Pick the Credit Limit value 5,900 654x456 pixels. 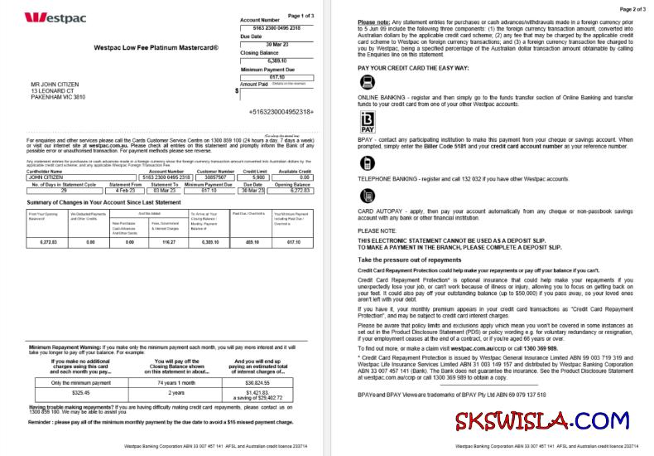(259, 177)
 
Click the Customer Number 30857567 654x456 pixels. (218, 177)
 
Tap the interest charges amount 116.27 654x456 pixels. (169, 242)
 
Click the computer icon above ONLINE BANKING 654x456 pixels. (368, 82)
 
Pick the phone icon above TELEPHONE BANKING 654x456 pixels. (368, 163)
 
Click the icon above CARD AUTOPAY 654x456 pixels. (368, 196)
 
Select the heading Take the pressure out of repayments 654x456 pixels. (409, 260)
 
